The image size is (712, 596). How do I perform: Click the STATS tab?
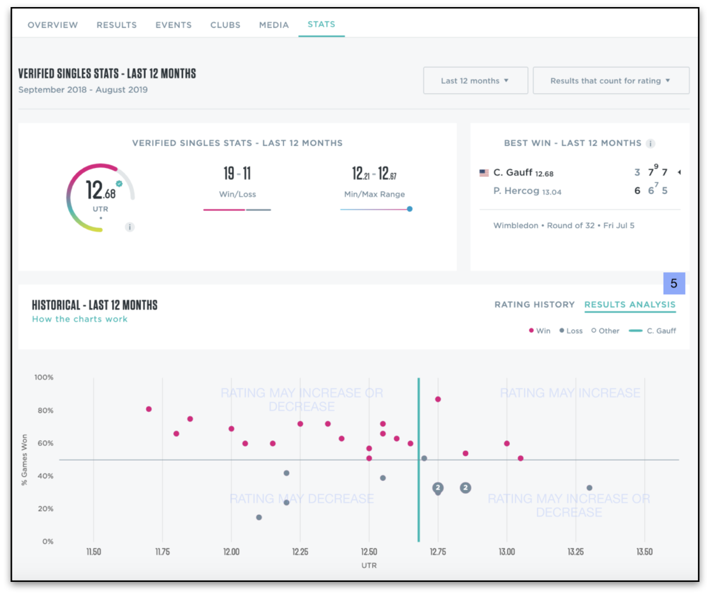point(321,24)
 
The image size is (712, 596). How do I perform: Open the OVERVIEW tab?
point(52,25)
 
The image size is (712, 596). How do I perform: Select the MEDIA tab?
point(274,25)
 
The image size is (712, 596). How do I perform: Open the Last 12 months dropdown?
point(475,81)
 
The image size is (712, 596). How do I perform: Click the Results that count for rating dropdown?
point(610,81)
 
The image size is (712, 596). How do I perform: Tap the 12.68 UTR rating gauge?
point(100,197)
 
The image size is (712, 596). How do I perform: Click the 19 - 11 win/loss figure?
point(237,173)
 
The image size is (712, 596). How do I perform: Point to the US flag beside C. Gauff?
point(484,173)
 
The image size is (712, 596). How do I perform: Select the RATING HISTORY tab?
point(534,304)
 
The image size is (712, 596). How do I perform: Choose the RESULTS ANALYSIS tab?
point(630,304)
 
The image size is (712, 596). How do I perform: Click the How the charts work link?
point(80,319)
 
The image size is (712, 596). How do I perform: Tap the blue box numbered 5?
point(674,283)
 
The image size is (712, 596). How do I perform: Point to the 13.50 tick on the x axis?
point(644,552)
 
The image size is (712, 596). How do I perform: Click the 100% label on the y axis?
point(43,377)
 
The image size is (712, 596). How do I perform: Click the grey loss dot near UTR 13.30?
point(589,488)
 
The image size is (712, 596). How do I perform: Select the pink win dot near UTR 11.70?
point(149,409)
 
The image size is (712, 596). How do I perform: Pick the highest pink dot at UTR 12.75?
point(438,399)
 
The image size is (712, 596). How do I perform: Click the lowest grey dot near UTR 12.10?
point(259,517)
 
